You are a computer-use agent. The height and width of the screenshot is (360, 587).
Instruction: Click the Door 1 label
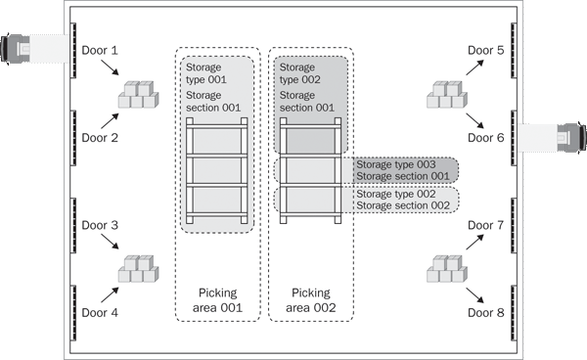pyautogui.click(x=100, y=50)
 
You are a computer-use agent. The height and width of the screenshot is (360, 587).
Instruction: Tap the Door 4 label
pyautogui.click(x=100, y=312)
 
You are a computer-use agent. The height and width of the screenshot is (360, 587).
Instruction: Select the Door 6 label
pyautogui.click(x=486, y=138)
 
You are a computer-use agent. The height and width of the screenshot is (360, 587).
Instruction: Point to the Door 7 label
pyautogui.click(x=486, y=225)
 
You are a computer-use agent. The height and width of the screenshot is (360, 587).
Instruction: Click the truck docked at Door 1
pyautogui.click(x=34, y=49)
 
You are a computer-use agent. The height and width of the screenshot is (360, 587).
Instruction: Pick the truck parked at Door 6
pyautogui.click(x=552, y=137)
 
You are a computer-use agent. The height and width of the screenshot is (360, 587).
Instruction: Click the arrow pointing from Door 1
pyautogui.click(x=110, y=67)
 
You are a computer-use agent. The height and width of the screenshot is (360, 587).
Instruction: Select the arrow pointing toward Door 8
pyautogui.click(x=475, y=295)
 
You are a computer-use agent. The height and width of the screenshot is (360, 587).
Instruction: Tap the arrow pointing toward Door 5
pyautogui.click(x=475, y=67)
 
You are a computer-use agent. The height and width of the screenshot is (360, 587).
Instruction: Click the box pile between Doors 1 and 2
pyautogui.click(x=139, y=94)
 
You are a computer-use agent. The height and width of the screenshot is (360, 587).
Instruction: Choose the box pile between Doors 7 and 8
pyautogui.click(x=447, y=269)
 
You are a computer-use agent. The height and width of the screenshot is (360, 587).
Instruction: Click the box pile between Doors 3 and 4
pyautogui.click(x=139, y=269)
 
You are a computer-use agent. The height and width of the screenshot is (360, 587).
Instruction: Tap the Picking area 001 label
pyautogui.click(x=217, y=300)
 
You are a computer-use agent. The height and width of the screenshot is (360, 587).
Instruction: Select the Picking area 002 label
pyautogui.click(x=311, y=300)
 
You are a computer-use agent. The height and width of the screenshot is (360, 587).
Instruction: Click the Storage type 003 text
pyautogui.click(x=396, y=164)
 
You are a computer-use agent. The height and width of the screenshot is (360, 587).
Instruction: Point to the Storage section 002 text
pyautogui.click(x=403, y=205)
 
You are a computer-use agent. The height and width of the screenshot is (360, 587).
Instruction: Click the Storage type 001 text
pyautogui.click(x=206, y=73)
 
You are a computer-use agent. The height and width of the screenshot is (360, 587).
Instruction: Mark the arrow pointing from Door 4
pyautogui.click(x=110, y=294)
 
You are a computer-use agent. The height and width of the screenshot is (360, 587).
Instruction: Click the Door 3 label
pyautogui.click(x=100, y=225)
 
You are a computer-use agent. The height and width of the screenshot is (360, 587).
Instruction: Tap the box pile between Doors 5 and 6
pyautogui.click(x=447, y=94)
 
